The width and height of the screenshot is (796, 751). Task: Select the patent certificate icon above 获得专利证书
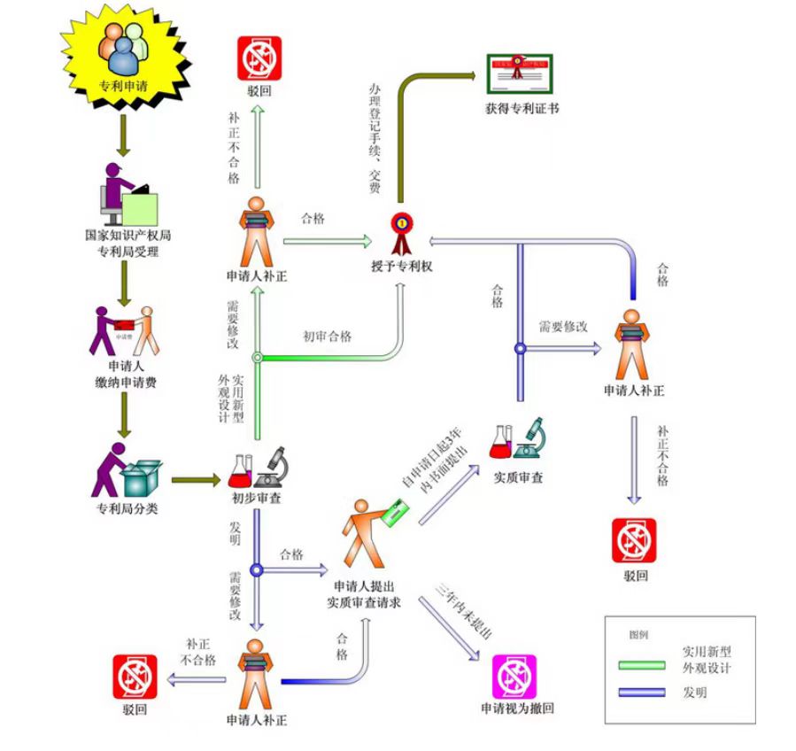click(521, 75)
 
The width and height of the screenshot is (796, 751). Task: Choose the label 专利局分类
click(128, 509)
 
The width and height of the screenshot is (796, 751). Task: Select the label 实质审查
click(518, 477)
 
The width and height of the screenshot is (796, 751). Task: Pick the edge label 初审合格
click(327, 337)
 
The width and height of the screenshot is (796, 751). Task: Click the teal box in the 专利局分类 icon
click(142, 477)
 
